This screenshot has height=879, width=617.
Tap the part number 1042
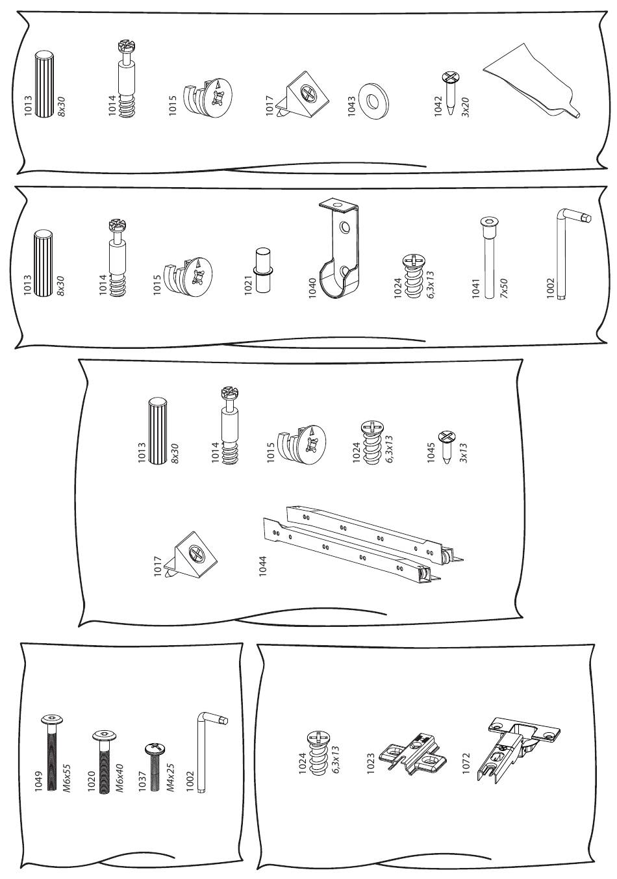(438, 105)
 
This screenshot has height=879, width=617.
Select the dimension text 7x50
(504, 288)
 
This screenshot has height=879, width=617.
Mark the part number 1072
(466, 763)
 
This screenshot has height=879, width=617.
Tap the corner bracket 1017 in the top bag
(302, 94)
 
